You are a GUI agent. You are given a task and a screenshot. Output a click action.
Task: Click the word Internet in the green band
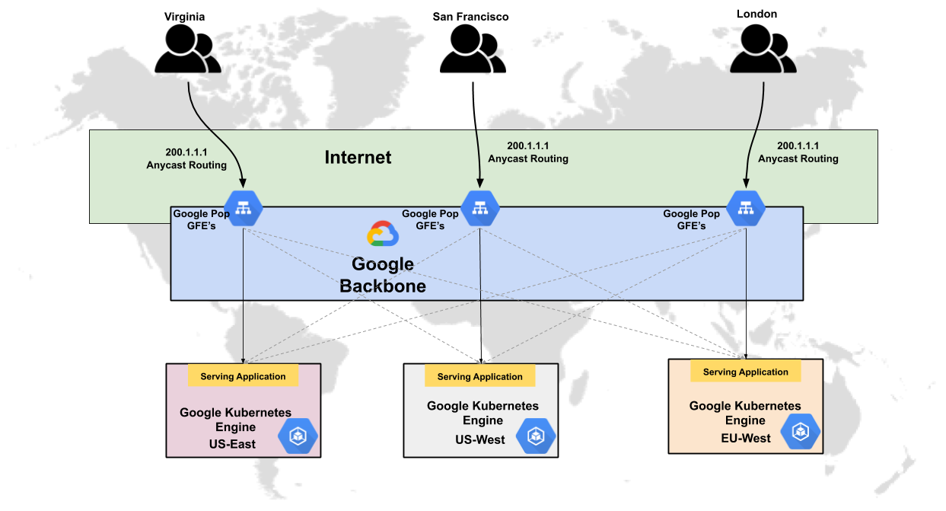click(358, 158)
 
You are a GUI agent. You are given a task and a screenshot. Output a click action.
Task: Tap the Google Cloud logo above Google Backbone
click(383, 235)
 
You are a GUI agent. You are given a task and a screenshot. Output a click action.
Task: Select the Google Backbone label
click(383, 275)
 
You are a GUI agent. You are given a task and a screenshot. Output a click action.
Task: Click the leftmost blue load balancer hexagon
click(244, 208)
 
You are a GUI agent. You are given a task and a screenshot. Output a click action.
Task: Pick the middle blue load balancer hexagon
click(480, 208)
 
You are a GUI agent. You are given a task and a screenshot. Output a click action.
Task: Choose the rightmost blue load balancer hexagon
click(745, 208)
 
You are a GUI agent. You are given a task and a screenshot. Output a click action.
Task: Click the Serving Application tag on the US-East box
click(243, 376)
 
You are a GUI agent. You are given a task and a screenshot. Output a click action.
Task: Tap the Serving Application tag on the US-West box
click(480, 376)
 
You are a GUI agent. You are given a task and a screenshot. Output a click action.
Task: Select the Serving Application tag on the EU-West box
click(745, 372)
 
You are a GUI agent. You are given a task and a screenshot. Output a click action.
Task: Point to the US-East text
click(232, 444)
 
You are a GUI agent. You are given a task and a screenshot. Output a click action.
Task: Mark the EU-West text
click(746, 438)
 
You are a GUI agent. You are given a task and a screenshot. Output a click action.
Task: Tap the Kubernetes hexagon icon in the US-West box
click(537, 436)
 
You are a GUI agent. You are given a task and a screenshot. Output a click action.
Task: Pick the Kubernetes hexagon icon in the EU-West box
click(801, 432)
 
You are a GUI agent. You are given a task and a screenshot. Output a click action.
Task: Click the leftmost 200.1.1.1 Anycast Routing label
click(186, 158)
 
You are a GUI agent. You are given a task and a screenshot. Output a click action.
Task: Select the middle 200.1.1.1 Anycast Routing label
click(527, 152)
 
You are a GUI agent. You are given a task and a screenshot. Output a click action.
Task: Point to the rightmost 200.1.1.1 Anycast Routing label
click(798, 152)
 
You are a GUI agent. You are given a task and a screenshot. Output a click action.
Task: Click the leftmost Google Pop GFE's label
click(201, 219)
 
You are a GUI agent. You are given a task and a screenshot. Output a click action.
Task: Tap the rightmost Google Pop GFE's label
click(691, 219)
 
